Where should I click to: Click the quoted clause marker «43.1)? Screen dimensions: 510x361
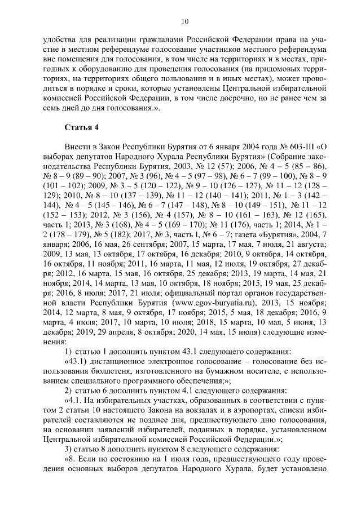pos(80,361)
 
